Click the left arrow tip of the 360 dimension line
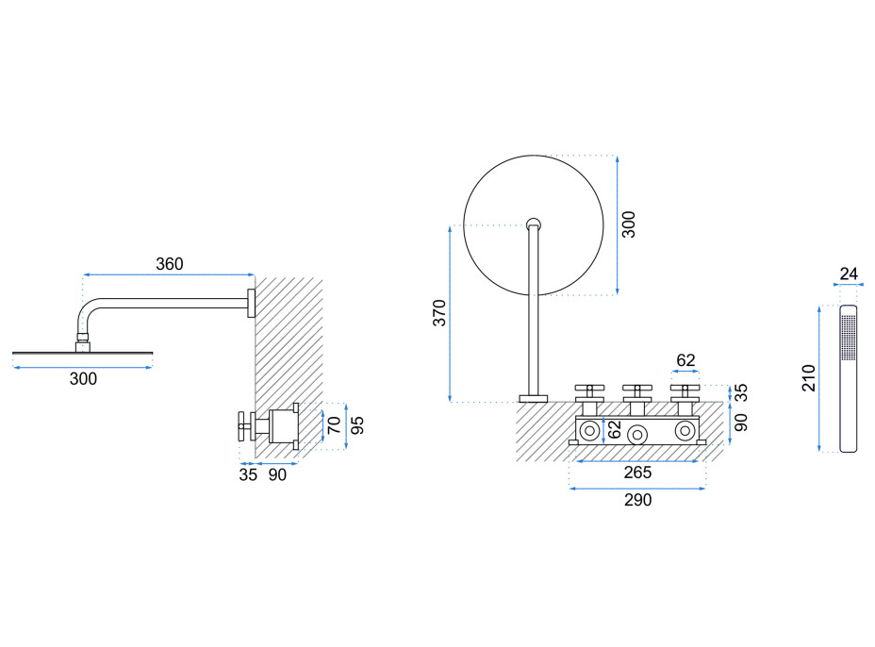point(83,274)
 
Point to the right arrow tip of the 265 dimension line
point(699,461)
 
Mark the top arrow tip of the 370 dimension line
point(450,226)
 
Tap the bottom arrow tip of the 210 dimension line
point(819,451)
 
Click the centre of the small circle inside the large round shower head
point(534,224)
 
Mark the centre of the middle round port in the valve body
point(636,434)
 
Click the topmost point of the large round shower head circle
point(534,156)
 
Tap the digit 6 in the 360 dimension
point(170,263)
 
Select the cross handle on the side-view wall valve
point(244,426)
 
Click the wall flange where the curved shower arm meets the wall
point(251,303)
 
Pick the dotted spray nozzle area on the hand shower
point(849,338)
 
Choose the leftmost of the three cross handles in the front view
point(589,390)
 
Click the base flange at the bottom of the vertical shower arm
point(534,399)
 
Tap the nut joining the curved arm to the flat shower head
point(83,338)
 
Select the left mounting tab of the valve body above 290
point(573,442)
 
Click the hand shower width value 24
point(849,274)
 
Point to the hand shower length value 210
point(809,378)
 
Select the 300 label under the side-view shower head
point(83,379)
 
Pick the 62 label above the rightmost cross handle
point(685,360)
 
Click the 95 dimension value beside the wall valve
point(357,425)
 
